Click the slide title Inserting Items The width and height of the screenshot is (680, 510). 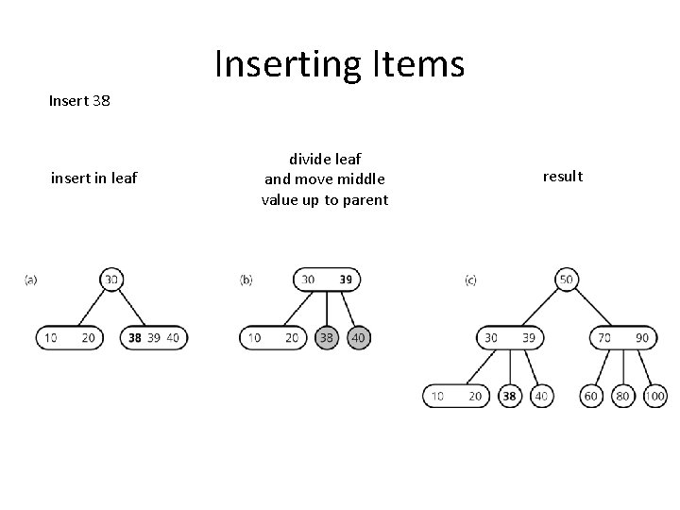(340, 63)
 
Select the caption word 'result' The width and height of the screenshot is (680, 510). (564, 177)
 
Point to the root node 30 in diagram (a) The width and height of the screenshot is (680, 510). (112, 280)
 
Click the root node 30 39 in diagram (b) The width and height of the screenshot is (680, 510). (328, 280)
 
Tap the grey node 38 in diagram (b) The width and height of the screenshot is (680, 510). (326, 337)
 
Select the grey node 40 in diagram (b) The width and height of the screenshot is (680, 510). (359, 337)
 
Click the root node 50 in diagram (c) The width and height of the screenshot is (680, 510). (567, 280)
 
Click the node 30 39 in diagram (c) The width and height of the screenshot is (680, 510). (510, 337)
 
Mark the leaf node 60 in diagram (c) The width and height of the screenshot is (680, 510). (591, 397)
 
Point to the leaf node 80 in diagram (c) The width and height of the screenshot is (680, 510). (622, 397)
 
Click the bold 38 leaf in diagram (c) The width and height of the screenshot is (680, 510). (510, 397)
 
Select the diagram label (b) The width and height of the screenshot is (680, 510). (246, 280)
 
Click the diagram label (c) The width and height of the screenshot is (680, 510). (470, 280)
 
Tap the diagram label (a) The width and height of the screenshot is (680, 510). (30, 280)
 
